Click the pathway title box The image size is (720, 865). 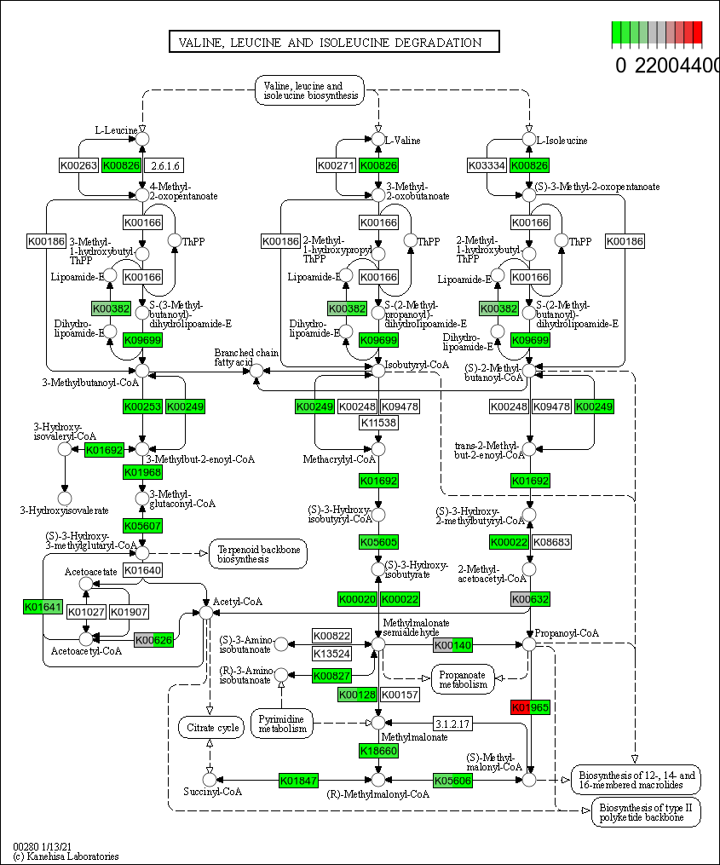click(333, 43)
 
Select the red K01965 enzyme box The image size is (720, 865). click(530, 707)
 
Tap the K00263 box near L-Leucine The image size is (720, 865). click(78, 165)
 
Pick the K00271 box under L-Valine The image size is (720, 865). click(337, 165)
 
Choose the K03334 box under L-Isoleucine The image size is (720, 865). click(488, 165)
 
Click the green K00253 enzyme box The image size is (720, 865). click(142, 407)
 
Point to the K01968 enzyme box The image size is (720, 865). click(142, 472)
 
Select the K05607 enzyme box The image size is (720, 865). click(142, 525)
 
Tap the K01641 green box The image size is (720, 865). click(43, 607)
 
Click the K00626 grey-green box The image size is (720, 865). click(154, 640)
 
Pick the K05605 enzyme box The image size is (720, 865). click(378, 542)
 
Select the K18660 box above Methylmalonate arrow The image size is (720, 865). click(378, 751)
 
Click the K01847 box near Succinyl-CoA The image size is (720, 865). click(299, 780)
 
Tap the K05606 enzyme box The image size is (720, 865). click(452, 780)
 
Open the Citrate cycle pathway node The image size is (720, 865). click(210, 728)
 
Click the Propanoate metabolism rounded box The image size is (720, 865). click(463, 678)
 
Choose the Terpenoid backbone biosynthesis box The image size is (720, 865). click(258, 554)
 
